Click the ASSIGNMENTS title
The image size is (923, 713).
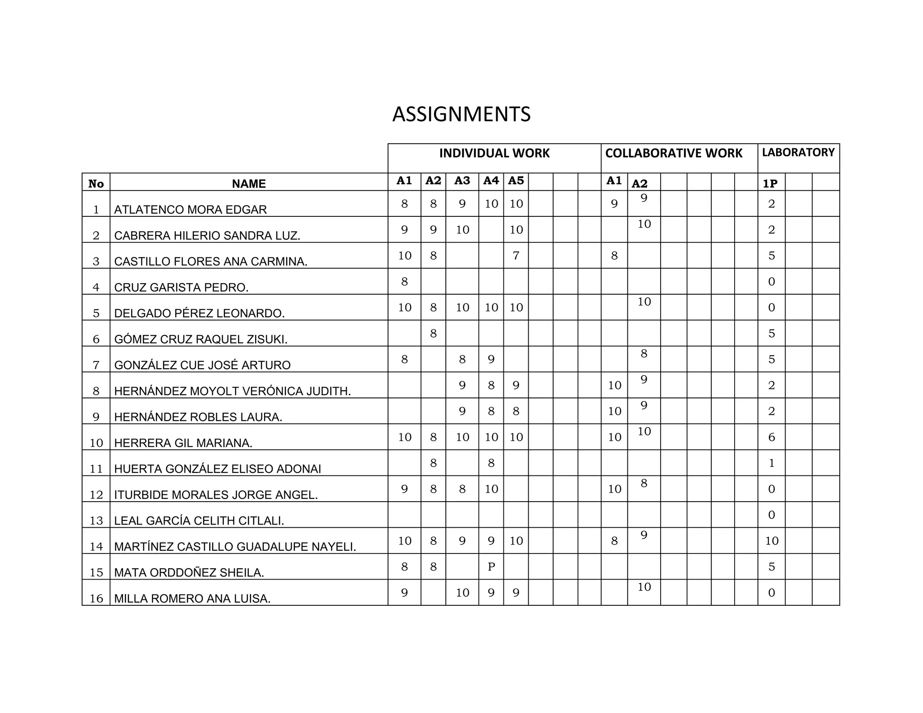pyautogui.click(x=461, y=114)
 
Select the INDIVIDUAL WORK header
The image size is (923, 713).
pyautogui.click(x=494, y=154)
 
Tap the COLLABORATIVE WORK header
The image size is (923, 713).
pyautogui.click(x=673, y=154)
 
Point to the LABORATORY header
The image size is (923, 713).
pyautogui.click(x=798, y=153)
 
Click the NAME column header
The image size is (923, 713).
pyautogui.click(x=249, y=184)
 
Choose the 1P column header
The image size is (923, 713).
pyautogui.click(x=770, y=184)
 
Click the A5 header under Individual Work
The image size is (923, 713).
pyautogui.click(x=516, y=181)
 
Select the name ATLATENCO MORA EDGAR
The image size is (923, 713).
pyautogui.click(x=190, y=210)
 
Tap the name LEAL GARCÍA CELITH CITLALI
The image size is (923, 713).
pyautogui.click(x=199, y=521)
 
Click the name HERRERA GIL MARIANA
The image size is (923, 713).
pyautogui.click(x=183, y=443)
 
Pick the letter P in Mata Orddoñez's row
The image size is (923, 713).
pyautogui.click(x=491, y=567)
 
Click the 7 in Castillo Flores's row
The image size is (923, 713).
pyautogui.click(x=516, y=256)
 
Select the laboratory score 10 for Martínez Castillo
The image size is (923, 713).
pyautogui.click(x=772, y=541)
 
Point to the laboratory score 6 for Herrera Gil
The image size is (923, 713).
pyautogui.click(x=772, y=437)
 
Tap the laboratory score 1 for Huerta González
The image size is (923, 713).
pyautogui.click(x=772, y=463)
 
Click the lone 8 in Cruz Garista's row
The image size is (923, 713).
pyautogui.click(x=404, y=282)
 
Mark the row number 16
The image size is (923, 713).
pyautogui.click(x=96, y=599)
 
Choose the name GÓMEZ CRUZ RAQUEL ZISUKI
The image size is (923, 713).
pyautogui.click(x=201, y=339)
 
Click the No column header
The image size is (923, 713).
pyautogui.click(x=96, y=184)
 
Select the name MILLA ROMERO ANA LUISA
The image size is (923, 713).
pyautogui.click(x=192, y=599)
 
